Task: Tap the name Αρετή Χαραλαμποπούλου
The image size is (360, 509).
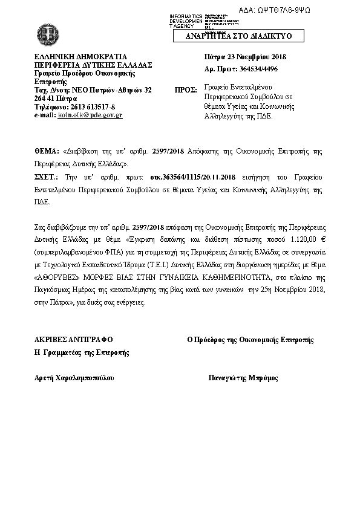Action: [74, 378]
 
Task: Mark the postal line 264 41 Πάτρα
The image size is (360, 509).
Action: [55, 98]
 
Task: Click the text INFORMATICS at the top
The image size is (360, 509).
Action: [185, 15]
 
